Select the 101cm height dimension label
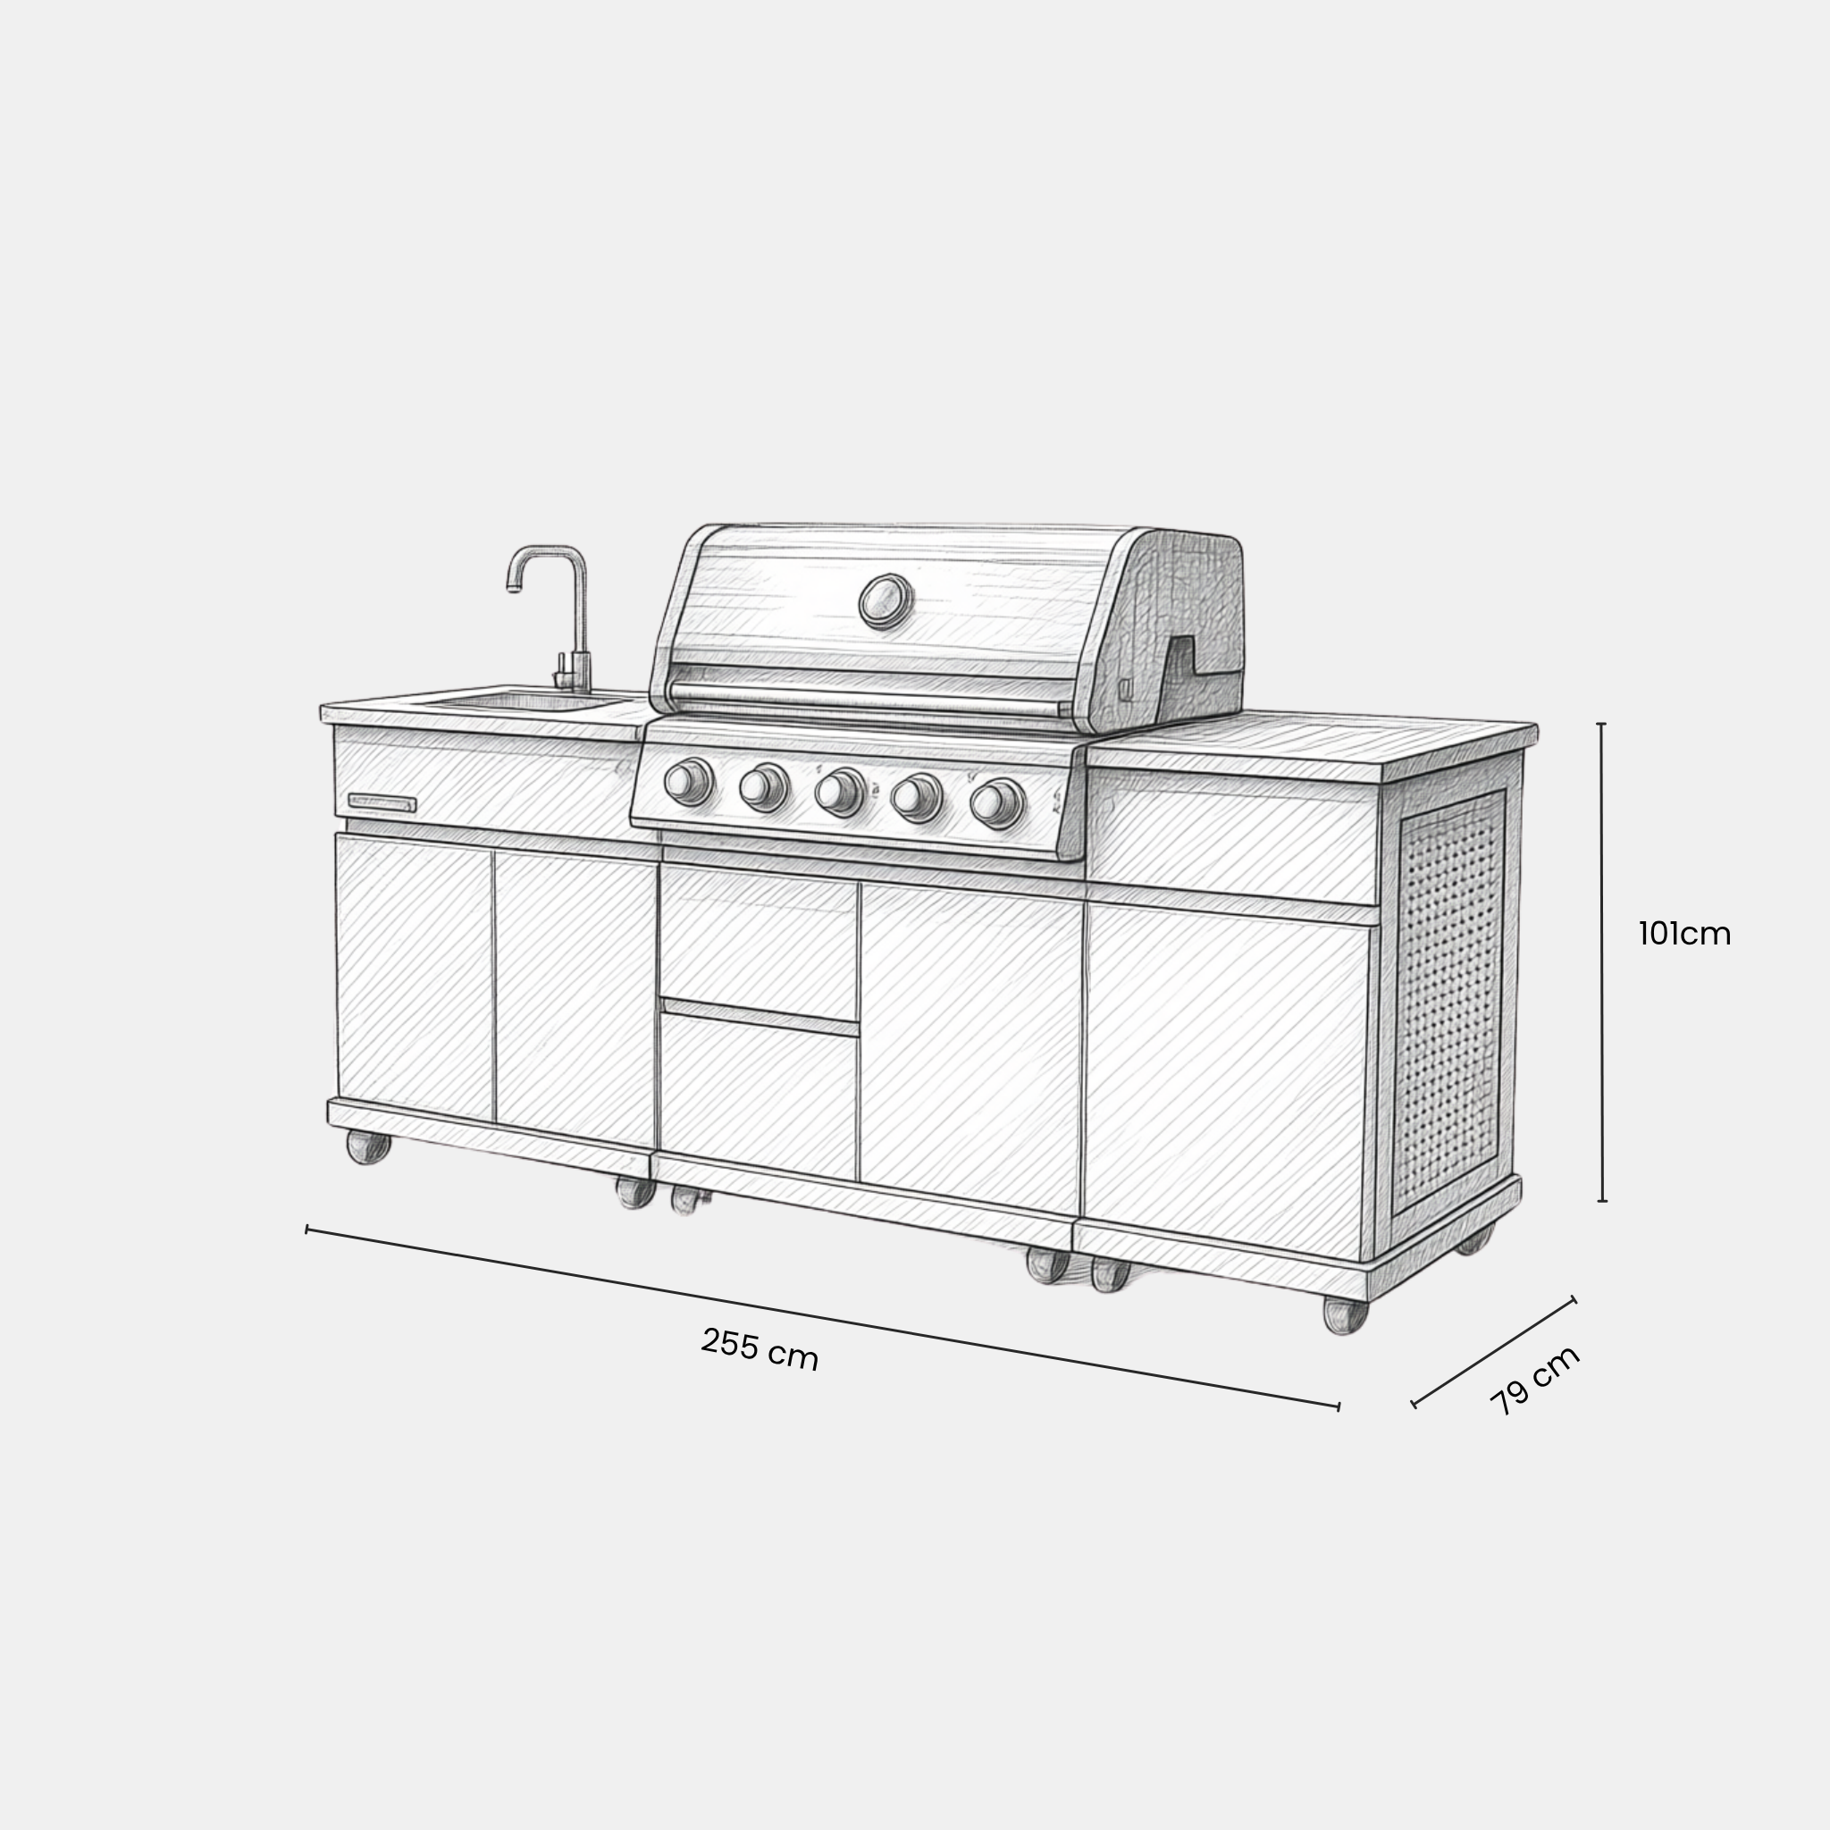click(x=1685, y=934)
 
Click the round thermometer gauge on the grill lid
click(x=886, y=600)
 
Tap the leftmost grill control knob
click(x=689, y=782)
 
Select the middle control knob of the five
click(x=839, y=793)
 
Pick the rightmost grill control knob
click(x=996, y=803)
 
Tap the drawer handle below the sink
click(x=382, y=803)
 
